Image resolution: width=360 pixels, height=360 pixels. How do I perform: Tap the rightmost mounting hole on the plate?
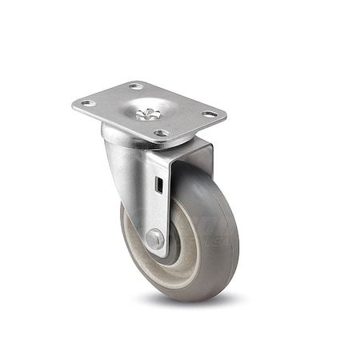tap(210, 114)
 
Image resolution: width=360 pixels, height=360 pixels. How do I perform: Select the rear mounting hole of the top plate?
tap(136, 86)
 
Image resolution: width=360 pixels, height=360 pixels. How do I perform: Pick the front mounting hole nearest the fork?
tap(162, 133)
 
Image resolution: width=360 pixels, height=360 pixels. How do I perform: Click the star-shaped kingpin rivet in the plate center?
tap(148, 114)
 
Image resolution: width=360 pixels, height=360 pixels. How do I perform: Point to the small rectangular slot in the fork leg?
tap(158, 186)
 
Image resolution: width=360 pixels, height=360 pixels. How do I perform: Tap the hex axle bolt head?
tap(154, 238)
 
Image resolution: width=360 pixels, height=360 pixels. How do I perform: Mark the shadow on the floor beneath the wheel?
tap(192, 300)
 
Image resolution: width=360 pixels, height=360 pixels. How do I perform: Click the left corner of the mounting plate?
tap(74, 105)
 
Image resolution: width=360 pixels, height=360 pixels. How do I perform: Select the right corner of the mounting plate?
tap(225, 114)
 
